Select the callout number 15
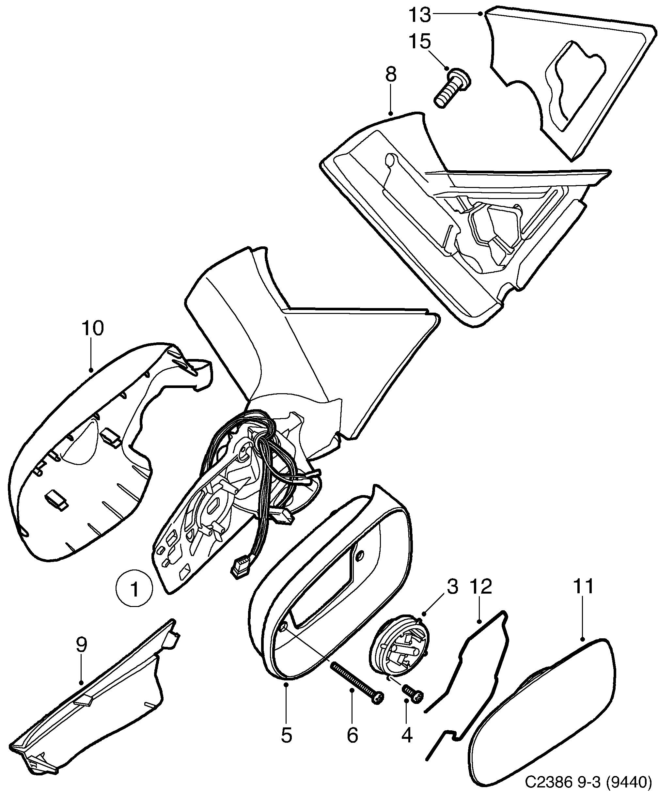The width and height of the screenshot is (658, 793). tap(419, 41)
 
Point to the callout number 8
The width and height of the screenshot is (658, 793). tap(391, 75)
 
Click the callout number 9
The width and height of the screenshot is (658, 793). tap(81, 645)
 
